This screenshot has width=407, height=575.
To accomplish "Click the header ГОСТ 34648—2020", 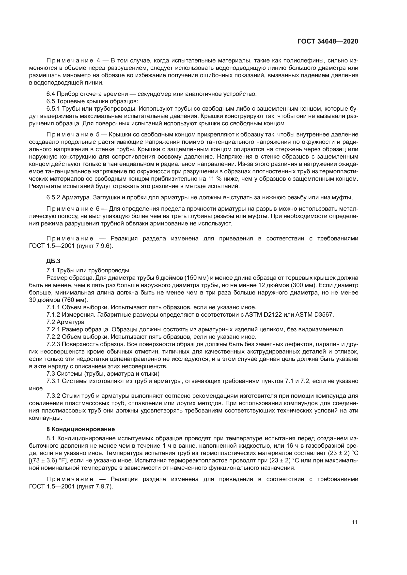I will click(328, 41).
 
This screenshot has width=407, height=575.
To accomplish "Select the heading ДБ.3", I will click(53, 261).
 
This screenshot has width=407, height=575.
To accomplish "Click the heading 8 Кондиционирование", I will click(80, 429).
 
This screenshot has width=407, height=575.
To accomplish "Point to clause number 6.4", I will click(51, 94).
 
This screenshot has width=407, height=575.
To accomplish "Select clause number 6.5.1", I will click(53, 109).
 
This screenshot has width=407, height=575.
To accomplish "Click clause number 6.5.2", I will click(53, 198).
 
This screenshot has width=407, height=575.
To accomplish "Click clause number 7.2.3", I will click(53, 344).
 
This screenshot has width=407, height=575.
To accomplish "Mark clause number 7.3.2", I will click(53, 396).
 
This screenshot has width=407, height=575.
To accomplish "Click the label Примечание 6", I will click(73, 209).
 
